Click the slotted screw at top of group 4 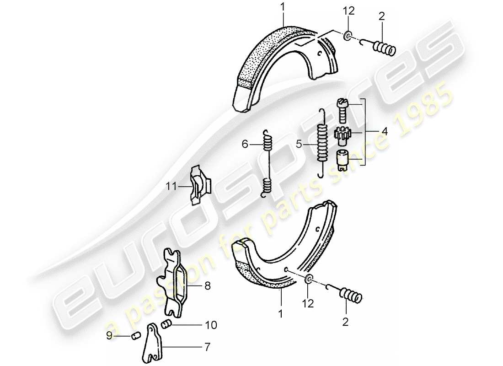click(x=343, y=110)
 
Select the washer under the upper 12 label click(x=348, y=36)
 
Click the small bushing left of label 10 click(x=167, y=325)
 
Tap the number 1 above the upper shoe click(x=283, y=7)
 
